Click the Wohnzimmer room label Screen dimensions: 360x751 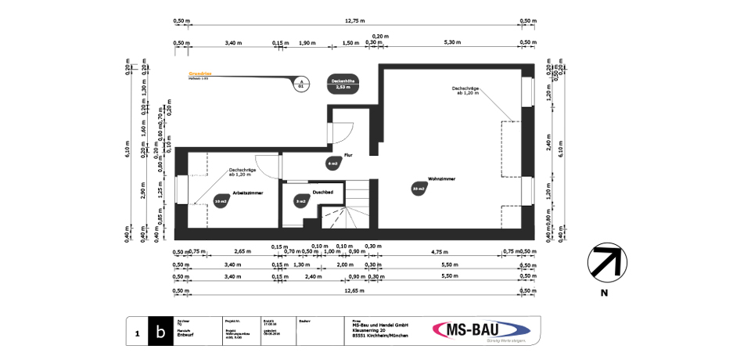coord(442,179)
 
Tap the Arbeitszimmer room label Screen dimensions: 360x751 coord(246,192)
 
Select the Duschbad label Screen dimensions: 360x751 coord(323,192)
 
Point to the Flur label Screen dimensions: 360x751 coord(347,156)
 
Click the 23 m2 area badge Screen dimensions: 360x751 coord(418,189)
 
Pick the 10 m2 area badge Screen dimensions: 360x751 coord(220,201)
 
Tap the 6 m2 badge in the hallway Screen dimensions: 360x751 coord(332,164)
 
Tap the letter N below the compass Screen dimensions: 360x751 coord(604,293)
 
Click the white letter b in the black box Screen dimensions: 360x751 coord(161,332)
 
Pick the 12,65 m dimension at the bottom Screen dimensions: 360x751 coord(354,290)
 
